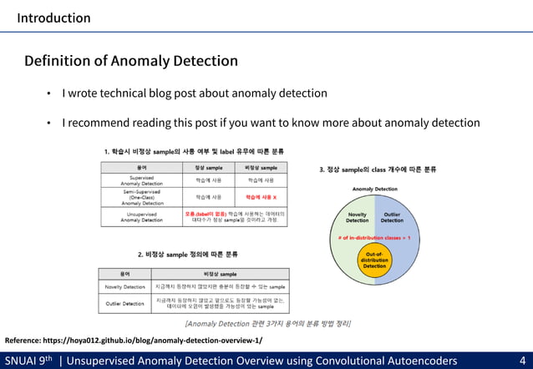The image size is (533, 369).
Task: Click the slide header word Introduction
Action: (53, 18)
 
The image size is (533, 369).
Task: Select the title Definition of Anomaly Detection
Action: (131, 61)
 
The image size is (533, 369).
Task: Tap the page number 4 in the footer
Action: (522, 361)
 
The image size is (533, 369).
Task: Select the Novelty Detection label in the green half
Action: (357, 217)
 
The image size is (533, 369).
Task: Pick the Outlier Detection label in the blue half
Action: (392, 217)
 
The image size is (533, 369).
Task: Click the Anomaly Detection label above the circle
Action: (374, 190)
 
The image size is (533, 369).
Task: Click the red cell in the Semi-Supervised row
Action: (261, 197)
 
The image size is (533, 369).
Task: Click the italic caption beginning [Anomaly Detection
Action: (267, 323)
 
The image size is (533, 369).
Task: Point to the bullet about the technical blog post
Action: (195, 94)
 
